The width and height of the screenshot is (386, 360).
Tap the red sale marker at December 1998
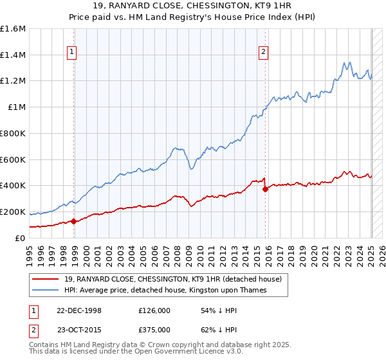(x=73, y=221)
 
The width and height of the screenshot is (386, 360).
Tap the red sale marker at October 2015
(x=265, y=189)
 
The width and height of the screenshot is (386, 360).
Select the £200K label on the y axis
(x=13, y=212)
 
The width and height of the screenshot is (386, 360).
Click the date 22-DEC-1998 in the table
(x=79, y=310)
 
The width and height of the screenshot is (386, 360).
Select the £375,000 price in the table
(x=154, y=330)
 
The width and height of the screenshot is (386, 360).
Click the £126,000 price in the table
(x=154, y=310)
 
